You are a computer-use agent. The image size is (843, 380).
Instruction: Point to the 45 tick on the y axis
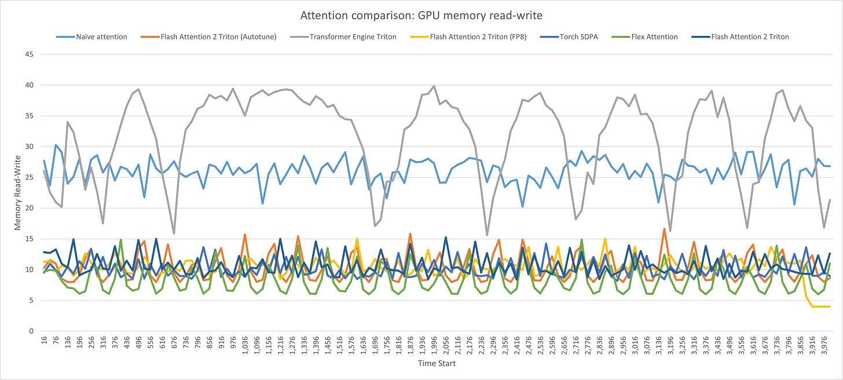coord(29,54)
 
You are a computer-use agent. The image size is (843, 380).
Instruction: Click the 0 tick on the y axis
coord(31,331)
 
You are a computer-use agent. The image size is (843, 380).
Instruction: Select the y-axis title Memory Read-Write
coord(19,193)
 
